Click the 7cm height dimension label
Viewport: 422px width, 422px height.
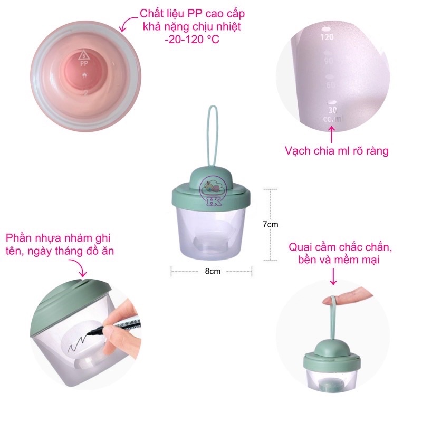click(270, 224)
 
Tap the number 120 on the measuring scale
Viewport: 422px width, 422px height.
click(328, 37)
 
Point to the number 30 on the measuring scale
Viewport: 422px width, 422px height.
click(333, 110)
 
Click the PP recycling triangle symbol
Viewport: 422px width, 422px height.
click(83, 54)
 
